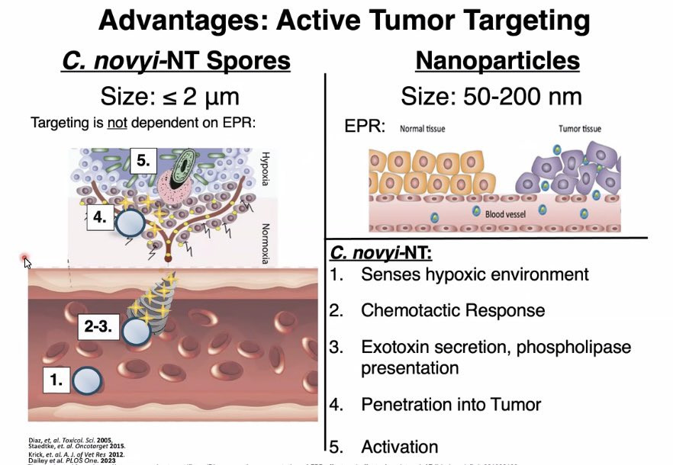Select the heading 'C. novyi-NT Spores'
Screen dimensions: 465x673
[x=176, y=60]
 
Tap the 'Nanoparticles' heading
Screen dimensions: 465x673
[x=498, y=60]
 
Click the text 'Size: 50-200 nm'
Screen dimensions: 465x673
[x=491, y=96]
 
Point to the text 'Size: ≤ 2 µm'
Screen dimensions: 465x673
[x=170, y=97]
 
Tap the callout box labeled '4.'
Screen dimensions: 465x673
[x=100, y=216]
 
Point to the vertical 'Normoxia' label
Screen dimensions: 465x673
[x=265, y=236]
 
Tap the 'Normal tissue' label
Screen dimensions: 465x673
[x=423, y=129]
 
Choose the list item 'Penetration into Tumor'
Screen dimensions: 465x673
[x=462, y=405]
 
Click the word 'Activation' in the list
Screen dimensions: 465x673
[x=399, y=447]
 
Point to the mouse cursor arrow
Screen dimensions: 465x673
[x=27, y=263]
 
